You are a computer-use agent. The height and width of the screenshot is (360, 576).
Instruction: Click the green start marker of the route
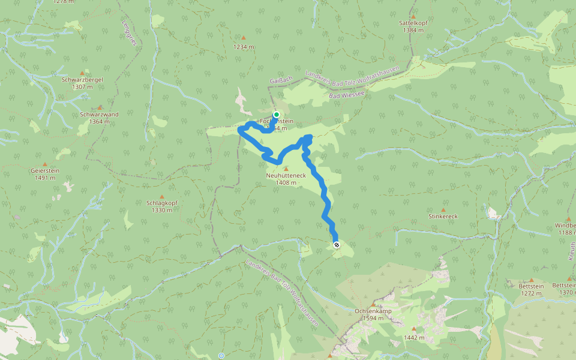tap(276, 114)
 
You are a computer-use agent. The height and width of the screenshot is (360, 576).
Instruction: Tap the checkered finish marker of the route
tap(337, 244)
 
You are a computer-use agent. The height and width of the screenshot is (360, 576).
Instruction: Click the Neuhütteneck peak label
tap(286, 175)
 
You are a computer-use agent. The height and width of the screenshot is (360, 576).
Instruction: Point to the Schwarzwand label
tap(99, 114)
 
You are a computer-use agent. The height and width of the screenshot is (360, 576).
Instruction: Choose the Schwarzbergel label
tap(82, 79)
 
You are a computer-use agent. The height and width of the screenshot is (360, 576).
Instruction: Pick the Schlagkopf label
tap(161, 203)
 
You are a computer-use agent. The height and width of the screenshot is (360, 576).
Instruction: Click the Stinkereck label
tap(443, 215)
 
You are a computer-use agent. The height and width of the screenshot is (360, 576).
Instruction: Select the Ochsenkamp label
tap(373, 311)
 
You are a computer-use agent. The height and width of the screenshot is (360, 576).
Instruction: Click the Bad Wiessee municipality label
tap(347, 95)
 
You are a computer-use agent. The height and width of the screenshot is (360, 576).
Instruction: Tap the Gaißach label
tap(281, 79)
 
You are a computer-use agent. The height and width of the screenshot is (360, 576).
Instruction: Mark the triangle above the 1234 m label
tap(244, 38)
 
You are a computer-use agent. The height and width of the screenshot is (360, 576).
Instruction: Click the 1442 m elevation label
tap(414, 337)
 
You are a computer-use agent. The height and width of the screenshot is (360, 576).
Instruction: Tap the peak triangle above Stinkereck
tap(444, 209)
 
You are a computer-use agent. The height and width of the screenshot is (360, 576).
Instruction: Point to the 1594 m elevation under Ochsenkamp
tap(373, 319)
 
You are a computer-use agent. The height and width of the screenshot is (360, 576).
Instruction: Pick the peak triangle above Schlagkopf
tap(161, 196)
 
